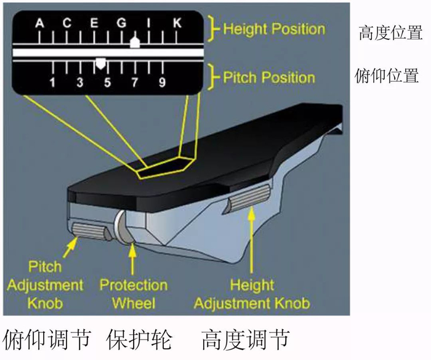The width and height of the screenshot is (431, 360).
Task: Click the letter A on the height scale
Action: click(x=39, y=23)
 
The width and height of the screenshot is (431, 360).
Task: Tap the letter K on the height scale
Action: click(x=177, y=23)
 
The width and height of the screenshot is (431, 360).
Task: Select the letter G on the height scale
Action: click(x=121, y=23)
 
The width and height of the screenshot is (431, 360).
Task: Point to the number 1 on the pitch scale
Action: click(x=53, y=82)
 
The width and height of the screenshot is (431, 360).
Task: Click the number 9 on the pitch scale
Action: click(x=162, y=82)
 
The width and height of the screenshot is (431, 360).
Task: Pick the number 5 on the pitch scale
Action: click(x=107, y=82)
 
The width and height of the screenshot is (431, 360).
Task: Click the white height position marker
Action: click(x=135, y=42)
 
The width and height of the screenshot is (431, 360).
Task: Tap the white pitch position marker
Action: click(x=101, y=62)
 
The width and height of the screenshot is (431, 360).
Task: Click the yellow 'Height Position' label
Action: click(x=273, y=28)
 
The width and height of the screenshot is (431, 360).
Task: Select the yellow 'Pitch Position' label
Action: click(x=268, y=78)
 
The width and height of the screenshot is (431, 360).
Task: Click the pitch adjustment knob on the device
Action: click(x=88, y=231)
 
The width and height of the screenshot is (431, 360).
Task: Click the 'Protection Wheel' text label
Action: click(x=133, y=294)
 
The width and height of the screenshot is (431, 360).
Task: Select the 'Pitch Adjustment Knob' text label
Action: click(x=46, y=285)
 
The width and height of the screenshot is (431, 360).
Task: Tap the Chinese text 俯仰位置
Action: click(x=388, y=76)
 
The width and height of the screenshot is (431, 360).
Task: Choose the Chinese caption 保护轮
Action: click(x=139, y=339)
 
